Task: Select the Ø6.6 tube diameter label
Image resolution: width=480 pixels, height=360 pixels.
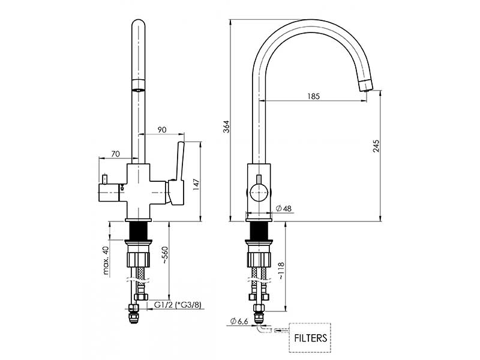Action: (239, 322)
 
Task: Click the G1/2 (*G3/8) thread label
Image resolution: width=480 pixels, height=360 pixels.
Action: (178, 305)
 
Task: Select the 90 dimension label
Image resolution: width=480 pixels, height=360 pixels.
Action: (162, 130)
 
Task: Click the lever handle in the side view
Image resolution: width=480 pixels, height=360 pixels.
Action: (179, 162)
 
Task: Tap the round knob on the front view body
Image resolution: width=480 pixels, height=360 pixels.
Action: (259, 193)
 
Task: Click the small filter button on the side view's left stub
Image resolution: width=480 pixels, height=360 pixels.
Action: (104, 179)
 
